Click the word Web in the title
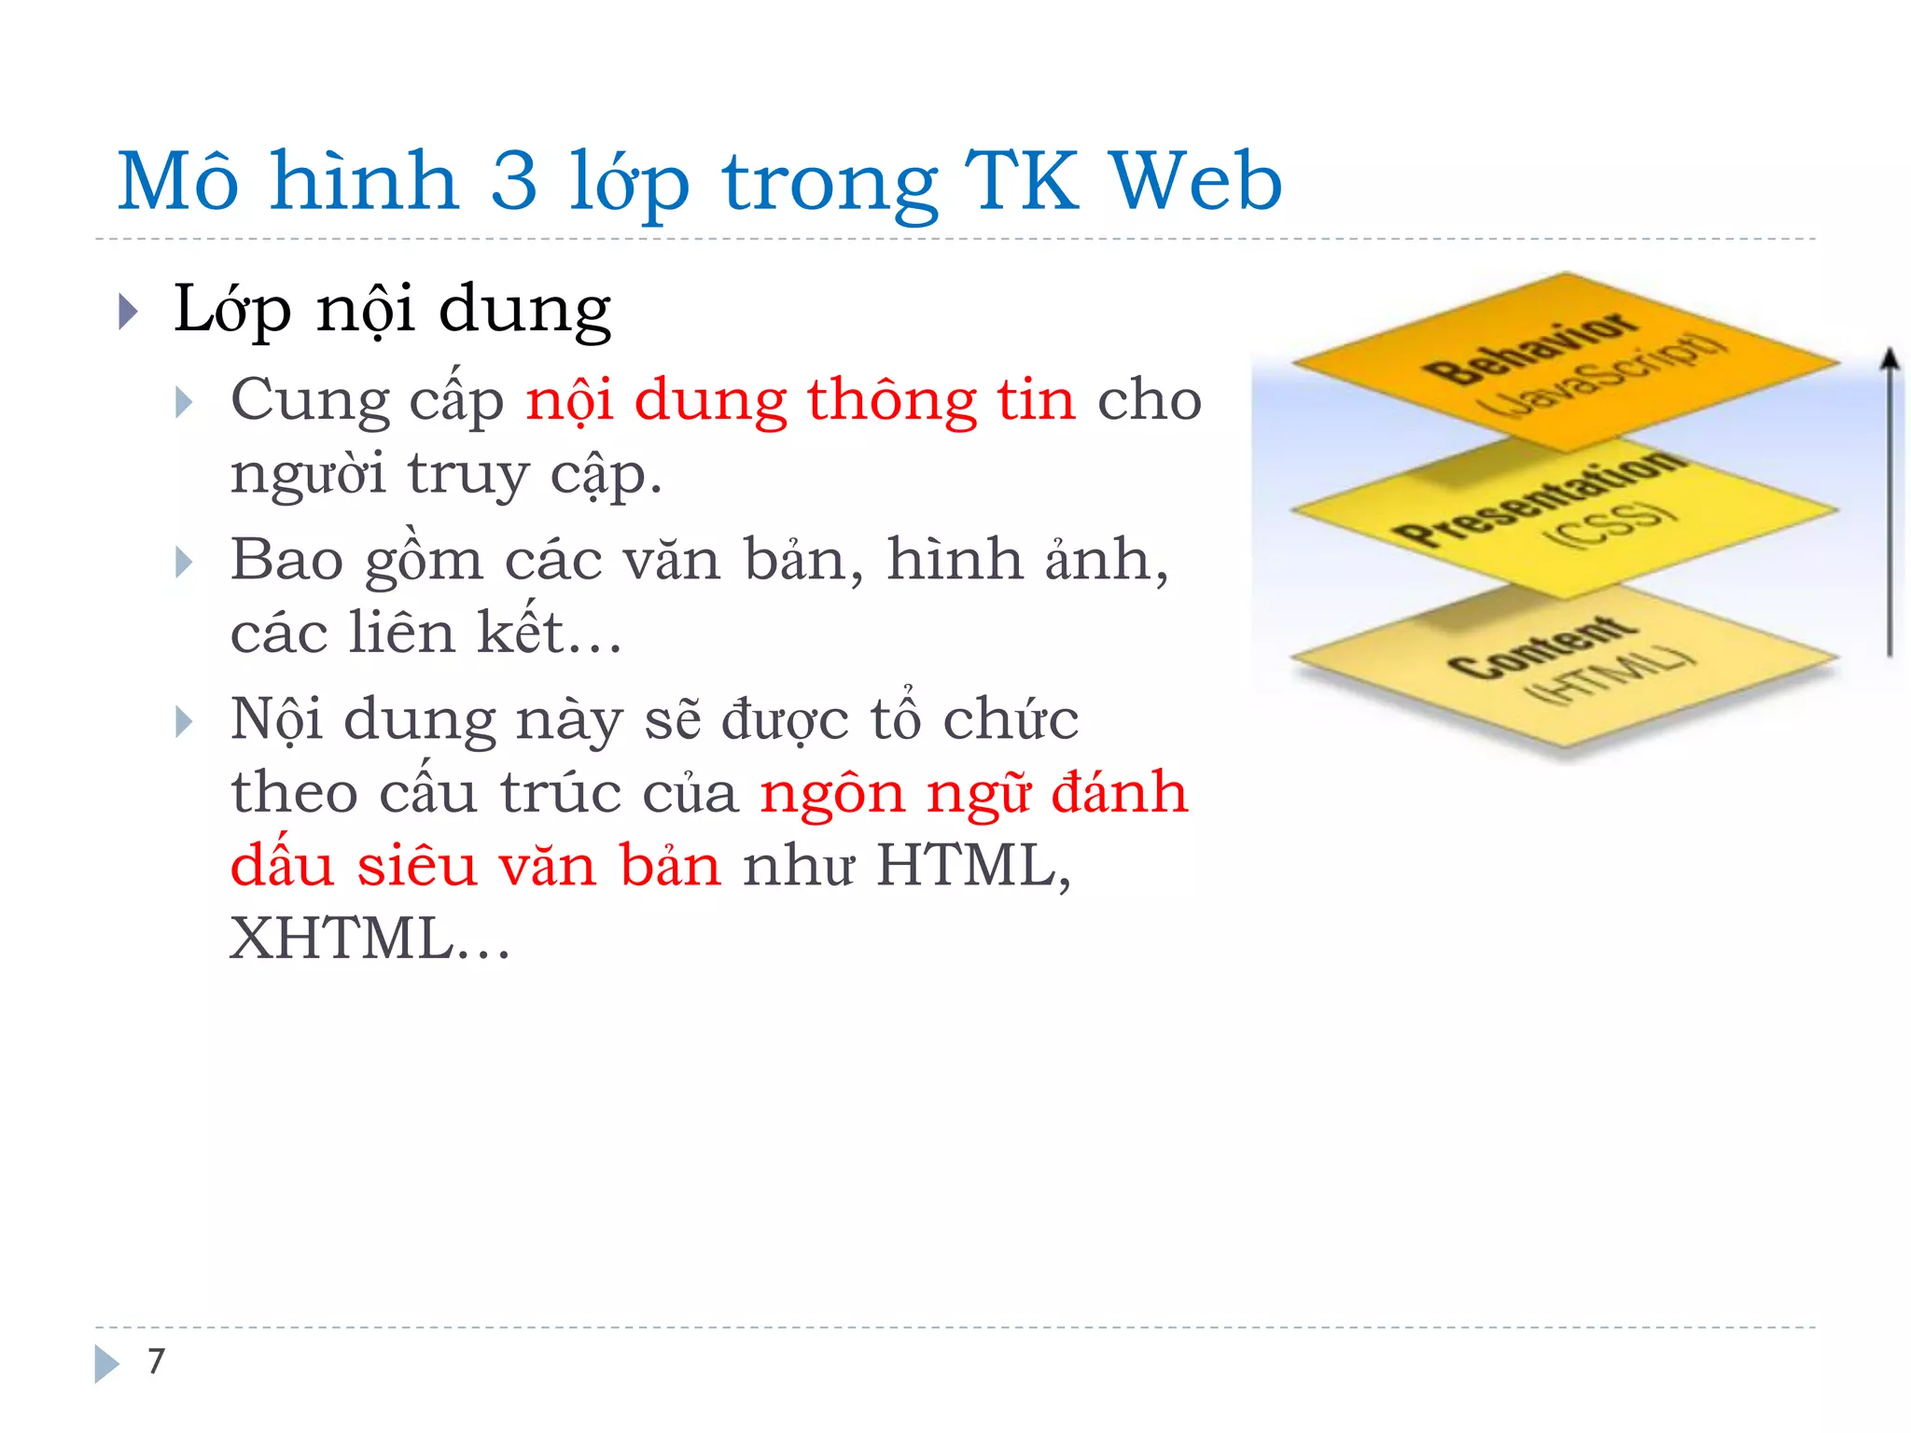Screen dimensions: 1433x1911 tap(1196, 181)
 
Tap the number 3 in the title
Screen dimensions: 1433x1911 tap(514, 181)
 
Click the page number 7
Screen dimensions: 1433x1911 tap(156, 1361)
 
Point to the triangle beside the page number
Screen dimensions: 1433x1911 tap(106, 1363)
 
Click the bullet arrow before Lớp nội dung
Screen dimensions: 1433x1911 tap(129, 312)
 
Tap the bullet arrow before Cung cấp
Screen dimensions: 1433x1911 tap(184, 403)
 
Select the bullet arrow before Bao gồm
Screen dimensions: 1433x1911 tap(184, 563)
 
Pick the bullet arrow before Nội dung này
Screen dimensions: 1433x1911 tap(184, 722)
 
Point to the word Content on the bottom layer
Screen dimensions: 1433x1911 tap(1542, 647)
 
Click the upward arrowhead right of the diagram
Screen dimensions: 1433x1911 tap(1890, 360)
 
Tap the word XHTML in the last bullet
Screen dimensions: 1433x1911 tap(342, 939)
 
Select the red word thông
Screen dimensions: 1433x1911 tap(891, 401)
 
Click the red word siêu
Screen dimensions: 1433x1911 tap(417, 865)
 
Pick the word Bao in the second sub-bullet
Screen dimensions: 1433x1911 tap(286, 561)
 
